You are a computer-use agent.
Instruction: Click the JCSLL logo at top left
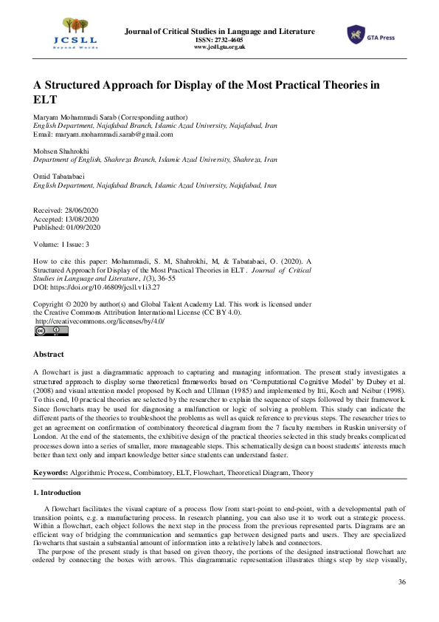(63, 34)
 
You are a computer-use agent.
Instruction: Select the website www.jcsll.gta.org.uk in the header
(219, 47)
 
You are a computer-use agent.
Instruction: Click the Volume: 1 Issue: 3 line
(62, 243)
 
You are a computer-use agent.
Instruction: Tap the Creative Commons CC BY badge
(52, 331)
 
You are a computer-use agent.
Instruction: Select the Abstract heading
(49, 355)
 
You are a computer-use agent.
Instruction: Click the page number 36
(401, 583)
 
